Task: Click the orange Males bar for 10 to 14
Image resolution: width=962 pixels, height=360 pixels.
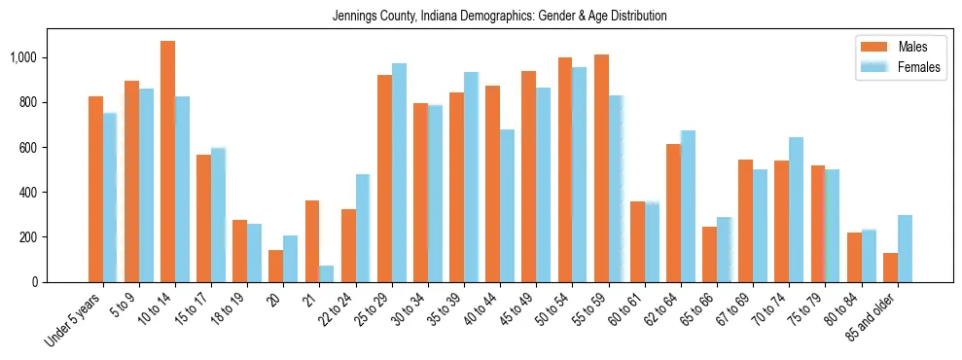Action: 167,162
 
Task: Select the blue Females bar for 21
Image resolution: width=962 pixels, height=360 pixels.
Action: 326,273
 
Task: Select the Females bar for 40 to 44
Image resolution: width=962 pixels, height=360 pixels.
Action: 507,205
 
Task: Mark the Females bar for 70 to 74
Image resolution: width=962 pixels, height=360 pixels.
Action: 796,209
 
